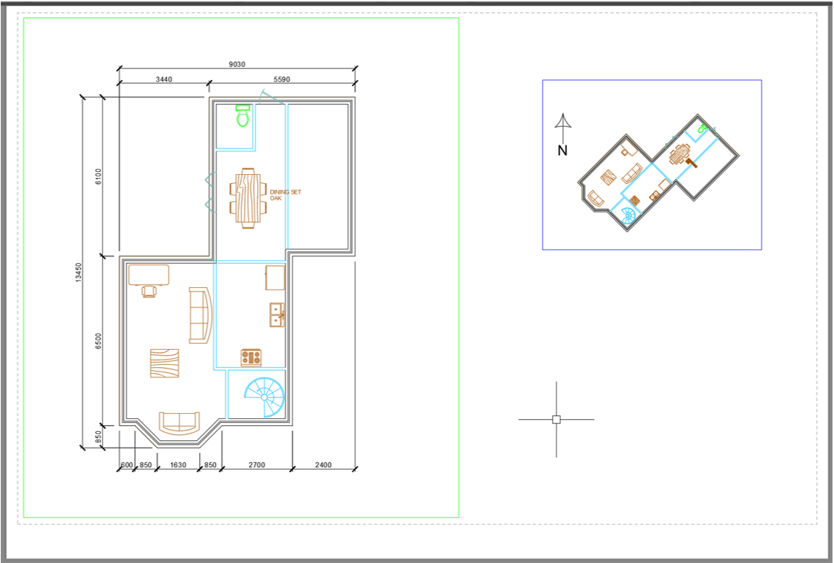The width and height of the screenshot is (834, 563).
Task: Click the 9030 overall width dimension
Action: click(237, 64)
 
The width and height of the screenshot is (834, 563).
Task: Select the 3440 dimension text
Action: click(164, 79)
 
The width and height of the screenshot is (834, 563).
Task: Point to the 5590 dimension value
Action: click(282, 79)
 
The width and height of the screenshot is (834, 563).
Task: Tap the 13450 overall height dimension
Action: click(78, 272)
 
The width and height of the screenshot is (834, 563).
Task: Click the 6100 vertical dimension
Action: click(98, 176)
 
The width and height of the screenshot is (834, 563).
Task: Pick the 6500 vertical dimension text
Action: click(98, 341)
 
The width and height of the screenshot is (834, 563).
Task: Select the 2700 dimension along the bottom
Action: click(256, 465)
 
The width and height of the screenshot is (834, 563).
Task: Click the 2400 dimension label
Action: click(323, 465)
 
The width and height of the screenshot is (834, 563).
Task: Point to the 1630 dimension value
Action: click(178, 465)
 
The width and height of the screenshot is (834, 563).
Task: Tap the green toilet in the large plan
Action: click(243, 115)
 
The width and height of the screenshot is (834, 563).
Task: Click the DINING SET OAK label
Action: click(285, 195)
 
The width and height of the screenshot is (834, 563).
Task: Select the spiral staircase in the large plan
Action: click(265, 397)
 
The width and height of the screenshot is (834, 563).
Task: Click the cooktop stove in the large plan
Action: click(251, 357)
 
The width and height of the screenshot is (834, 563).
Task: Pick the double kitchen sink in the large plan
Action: click(277, 314)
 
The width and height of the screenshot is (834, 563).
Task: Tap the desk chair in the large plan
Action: click(149, 291)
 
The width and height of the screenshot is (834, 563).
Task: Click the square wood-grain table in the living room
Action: click(164, 363)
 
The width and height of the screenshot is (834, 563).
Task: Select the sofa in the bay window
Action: click(179, 423)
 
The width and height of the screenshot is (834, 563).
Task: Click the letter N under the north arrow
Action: click(563, 151)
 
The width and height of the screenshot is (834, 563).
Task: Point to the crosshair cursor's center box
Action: click(557, 420)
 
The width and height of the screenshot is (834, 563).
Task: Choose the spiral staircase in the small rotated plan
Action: click(629, 216)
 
